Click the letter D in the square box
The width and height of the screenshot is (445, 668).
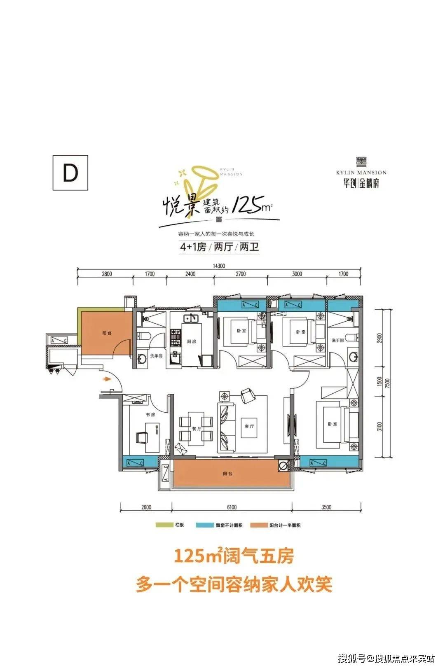(70, 173)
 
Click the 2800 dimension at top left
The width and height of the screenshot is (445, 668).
(106, 274)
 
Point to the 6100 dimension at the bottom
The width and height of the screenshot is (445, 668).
(232, 507)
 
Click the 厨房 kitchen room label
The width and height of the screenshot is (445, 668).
(192, 341)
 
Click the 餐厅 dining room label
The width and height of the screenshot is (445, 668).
(197, 429)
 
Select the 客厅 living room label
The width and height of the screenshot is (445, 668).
(249, 426)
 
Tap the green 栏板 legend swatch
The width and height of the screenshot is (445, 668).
(163, 525)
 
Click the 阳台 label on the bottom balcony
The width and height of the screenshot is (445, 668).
(228, 474)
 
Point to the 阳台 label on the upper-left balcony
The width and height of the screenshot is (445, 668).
(107, 333)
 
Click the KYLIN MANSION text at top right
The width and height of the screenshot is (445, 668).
(361, 173)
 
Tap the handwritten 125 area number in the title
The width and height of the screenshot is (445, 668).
(246, 205)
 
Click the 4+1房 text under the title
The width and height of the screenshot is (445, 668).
(193, 248)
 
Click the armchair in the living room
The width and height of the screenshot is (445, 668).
(248, 395)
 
